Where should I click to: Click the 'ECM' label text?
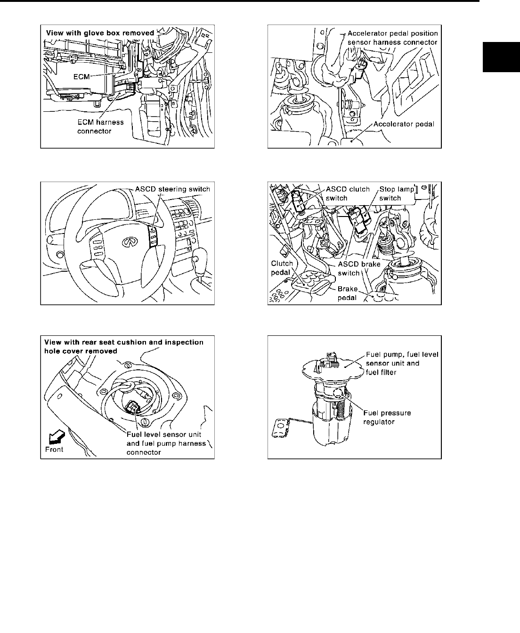point(81,76)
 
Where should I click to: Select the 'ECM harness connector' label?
point(100,126)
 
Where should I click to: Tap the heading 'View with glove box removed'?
point(100,33)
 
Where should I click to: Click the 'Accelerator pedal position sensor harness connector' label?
point(392,38)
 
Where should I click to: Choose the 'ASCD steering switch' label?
point(172,189)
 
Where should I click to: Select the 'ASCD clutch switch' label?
point(341,193)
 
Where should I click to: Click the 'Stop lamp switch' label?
point(396,193)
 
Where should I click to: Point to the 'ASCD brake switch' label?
point(359,268)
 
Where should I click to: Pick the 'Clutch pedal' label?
point(282,268)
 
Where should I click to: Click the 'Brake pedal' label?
point(347,293)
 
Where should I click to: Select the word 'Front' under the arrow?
point(54,450)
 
